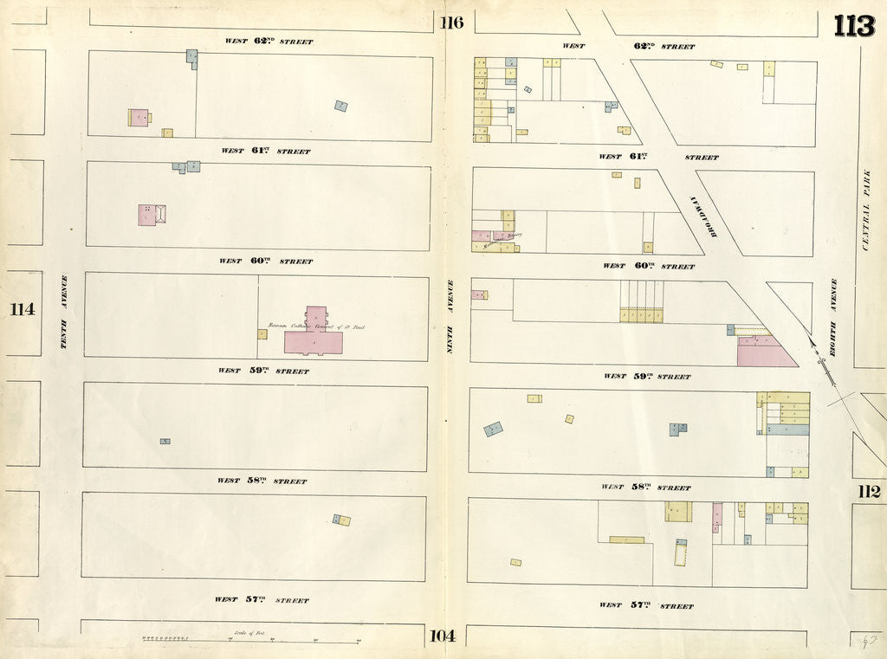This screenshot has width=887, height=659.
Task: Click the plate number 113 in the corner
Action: tap(853, 26)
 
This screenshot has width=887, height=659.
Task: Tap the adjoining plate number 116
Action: tap(451, 23)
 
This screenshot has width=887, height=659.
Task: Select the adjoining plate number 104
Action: tap(441, 636)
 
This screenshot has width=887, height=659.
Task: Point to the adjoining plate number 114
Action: tap(23, 309)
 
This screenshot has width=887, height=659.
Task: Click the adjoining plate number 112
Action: tap(869, 492)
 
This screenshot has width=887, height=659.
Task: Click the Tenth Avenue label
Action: tap(63, 313)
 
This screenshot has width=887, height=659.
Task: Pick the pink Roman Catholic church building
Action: tap(314, 336)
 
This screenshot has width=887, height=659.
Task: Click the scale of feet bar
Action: tap(251, 641)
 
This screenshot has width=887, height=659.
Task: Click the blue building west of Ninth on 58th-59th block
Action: tap(493, 429)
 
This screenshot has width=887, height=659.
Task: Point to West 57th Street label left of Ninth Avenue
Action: tap(262, 599)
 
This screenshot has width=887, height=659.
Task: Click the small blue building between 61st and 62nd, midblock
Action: tap(341, 106)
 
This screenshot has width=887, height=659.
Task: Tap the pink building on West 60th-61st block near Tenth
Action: tap(147, 214)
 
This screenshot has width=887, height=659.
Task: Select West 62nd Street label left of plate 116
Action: tap(269, 41)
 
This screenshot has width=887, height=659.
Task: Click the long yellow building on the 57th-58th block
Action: tap(626, 539)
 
